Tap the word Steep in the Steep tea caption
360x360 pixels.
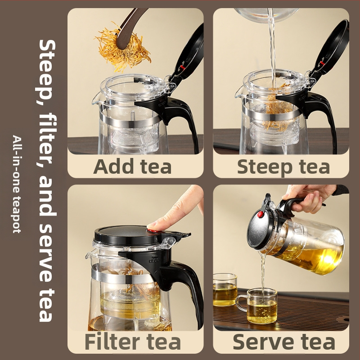(x=265, y=167)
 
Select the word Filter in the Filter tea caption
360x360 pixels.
(x=112, y=342)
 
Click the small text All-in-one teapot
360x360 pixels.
(x=17, y=184)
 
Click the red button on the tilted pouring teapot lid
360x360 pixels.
(x=261, y=215)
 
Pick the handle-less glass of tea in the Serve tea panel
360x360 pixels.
(x=225, y=290)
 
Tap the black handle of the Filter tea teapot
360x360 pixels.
(x=184, y=287)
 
